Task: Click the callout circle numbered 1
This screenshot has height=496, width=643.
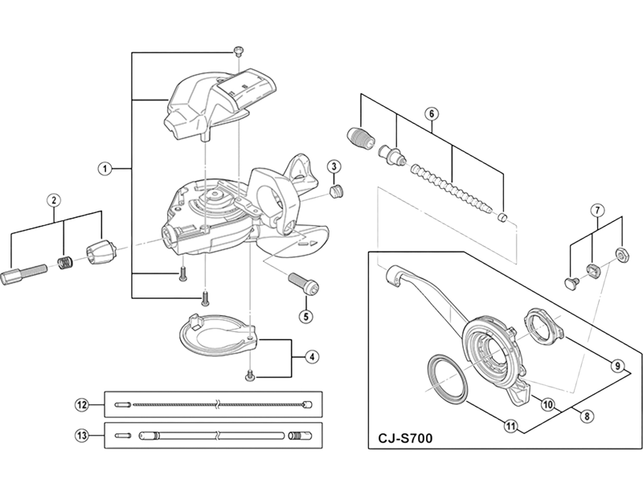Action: click(105, 169)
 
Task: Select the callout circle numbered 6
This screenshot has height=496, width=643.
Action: click(432, 113)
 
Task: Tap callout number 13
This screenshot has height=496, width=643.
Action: click(82, 435)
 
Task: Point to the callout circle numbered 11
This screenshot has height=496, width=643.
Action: click(510, 427)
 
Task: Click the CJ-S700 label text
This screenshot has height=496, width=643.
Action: click(405, 439)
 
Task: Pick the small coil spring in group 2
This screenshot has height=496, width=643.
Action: click(63, 263)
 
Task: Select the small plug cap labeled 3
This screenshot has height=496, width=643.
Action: click(337, 191)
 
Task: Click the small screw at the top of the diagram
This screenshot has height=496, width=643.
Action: click(238, 51)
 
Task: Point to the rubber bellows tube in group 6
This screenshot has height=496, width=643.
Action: click(452, 187)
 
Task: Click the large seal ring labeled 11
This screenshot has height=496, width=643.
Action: click(448, 376)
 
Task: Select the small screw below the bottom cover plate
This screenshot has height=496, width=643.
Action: click(249, 375)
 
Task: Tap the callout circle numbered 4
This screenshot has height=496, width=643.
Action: click(312, 357)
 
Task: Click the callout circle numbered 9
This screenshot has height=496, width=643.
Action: click(617, 365)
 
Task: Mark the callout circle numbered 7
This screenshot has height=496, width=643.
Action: click(597, 211)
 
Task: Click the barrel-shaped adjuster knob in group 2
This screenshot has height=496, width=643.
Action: click(101, 251)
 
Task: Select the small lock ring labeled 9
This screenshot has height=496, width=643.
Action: click(543, 326)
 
